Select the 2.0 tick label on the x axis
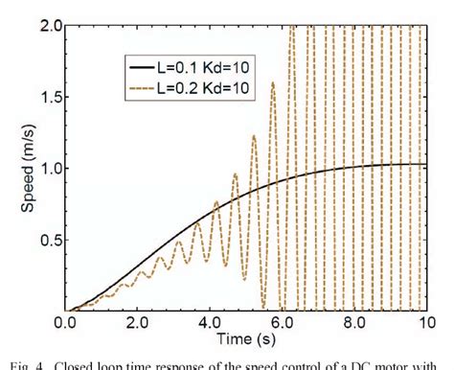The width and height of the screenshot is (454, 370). [x=137, y=324]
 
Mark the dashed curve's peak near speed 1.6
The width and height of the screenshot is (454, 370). [x=272, y=83]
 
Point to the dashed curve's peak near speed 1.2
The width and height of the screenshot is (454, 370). [x=253, y=136]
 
